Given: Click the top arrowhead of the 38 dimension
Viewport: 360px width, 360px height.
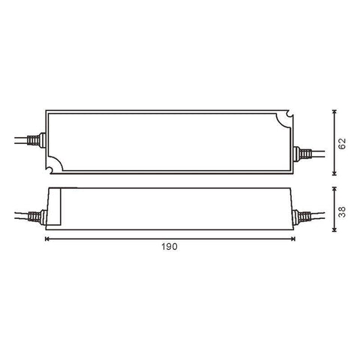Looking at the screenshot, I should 334,188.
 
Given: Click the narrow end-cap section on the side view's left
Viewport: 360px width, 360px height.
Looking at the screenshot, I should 53,206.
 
